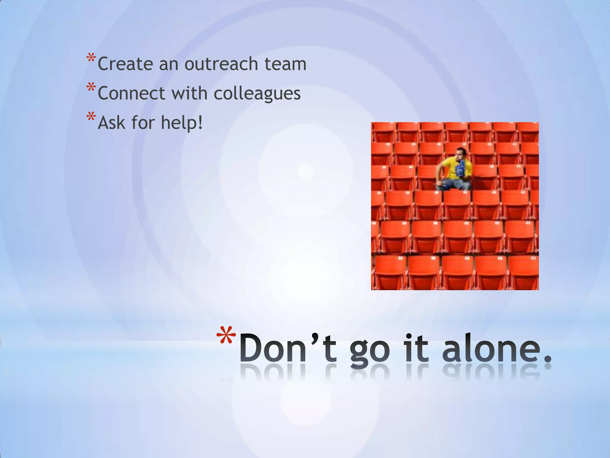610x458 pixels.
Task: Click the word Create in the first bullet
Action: [x=125, y=64]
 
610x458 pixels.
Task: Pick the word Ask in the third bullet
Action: [x=111, y=122]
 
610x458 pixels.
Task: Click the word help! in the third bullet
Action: [x=182, y=122]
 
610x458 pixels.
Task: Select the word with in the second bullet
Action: [x=189, y=93]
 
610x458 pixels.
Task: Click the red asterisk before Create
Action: [x=91, y=58]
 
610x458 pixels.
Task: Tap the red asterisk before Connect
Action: [x=91, y=88]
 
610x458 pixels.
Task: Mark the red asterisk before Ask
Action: [x=91, y=117]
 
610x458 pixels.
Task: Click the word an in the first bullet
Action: [x=169, y=64]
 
